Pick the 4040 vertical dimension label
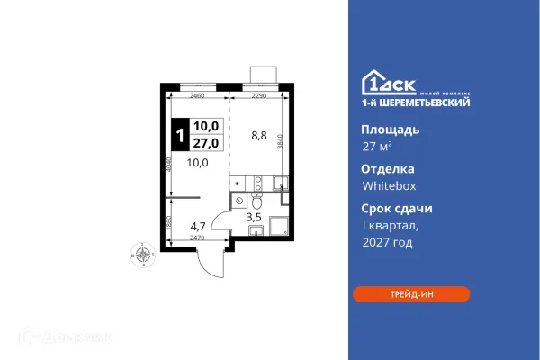[168, 165]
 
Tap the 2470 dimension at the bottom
[197, 238]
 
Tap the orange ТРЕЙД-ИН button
[410, 293]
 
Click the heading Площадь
[383, 129]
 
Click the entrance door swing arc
[212, 264]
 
